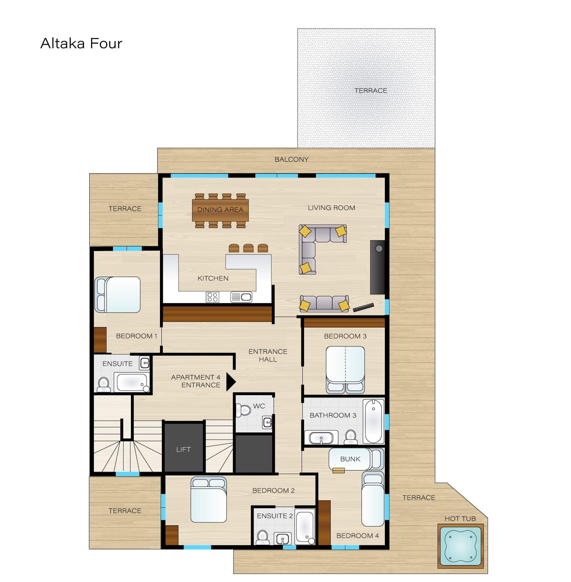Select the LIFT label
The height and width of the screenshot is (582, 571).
(x=183, y=449)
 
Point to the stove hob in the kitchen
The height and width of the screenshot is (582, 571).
(x=212, y=297)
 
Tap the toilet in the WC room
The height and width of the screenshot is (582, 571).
(x=244, y=410)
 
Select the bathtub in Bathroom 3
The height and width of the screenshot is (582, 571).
(x=373, y=421)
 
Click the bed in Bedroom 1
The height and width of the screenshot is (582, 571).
(x=118, y=294)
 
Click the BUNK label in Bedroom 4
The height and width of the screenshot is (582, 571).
(x=350, y=459)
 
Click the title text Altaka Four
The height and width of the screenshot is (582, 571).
(x=81, y=43)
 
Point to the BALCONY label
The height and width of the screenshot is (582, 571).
(x=291, y=160)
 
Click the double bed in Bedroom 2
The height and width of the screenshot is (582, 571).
(x=208, y=500)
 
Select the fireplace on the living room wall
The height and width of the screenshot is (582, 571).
(x=377, y=267)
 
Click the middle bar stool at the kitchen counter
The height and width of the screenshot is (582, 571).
(x=248, y=248)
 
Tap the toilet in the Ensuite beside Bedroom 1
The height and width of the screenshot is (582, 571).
(x=104, y=384)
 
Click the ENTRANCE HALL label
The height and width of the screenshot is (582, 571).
(x=268, y=355)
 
